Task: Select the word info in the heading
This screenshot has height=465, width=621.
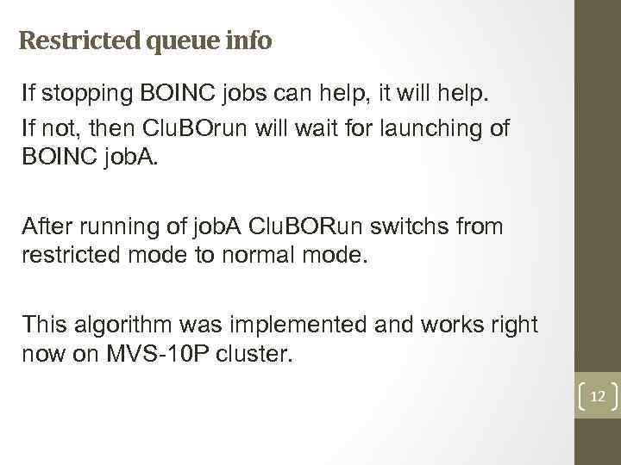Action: click(250, 40)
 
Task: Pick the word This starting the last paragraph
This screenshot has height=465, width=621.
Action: click(47, 325)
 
